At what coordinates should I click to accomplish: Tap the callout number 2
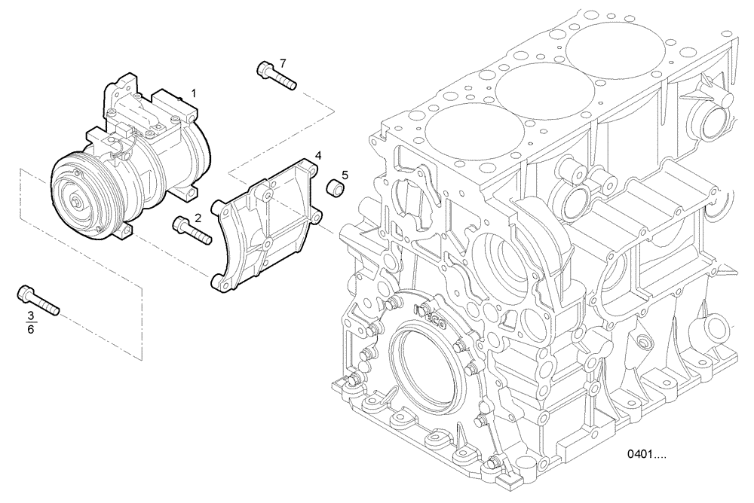(x=198, y=218)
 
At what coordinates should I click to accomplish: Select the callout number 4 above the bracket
(x=319, y=156)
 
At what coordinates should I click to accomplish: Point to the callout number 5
(x=345, y=175)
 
